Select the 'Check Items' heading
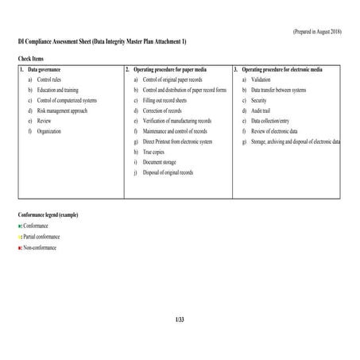(x=31, y=60)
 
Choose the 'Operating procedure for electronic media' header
(x=282, y=70)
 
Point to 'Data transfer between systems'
(x=278, y=91)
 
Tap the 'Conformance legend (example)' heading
(x=48, y=215)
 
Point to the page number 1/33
(x=179, y=319)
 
